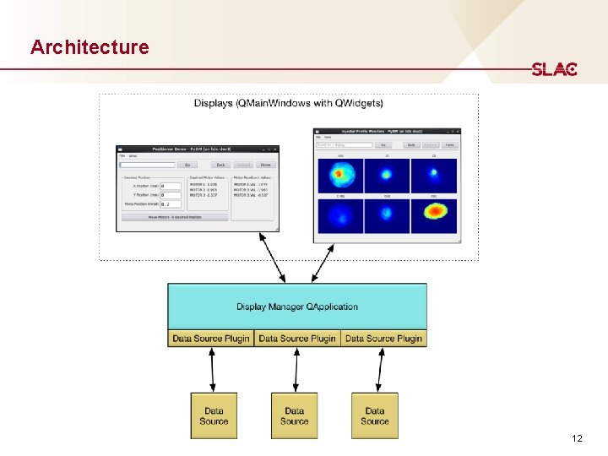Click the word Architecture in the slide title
pos(90,47)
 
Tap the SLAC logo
pos(554,70)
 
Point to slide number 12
pos(577,438)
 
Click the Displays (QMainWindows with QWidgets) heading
pos(288,104)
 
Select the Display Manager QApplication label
pos(297,307)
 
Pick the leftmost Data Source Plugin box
pos(211,339)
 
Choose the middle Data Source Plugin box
pos(297,339)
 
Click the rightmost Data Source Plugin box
pos(383,339)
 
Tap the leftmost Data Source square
pos(214,415)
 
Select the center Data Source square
pos(294,415)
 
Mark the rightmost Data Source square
pos(375,415)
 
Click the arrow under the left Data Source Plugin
pos(213,369)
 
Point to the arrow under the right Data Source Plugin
pos(382,369)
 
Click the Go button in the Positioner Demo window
pos(187,165)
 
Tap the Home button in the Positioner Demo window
pos(265,165)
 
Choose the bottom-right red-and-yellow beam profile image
pos(434,216)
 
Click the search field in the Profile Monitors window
pos(344,145)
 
